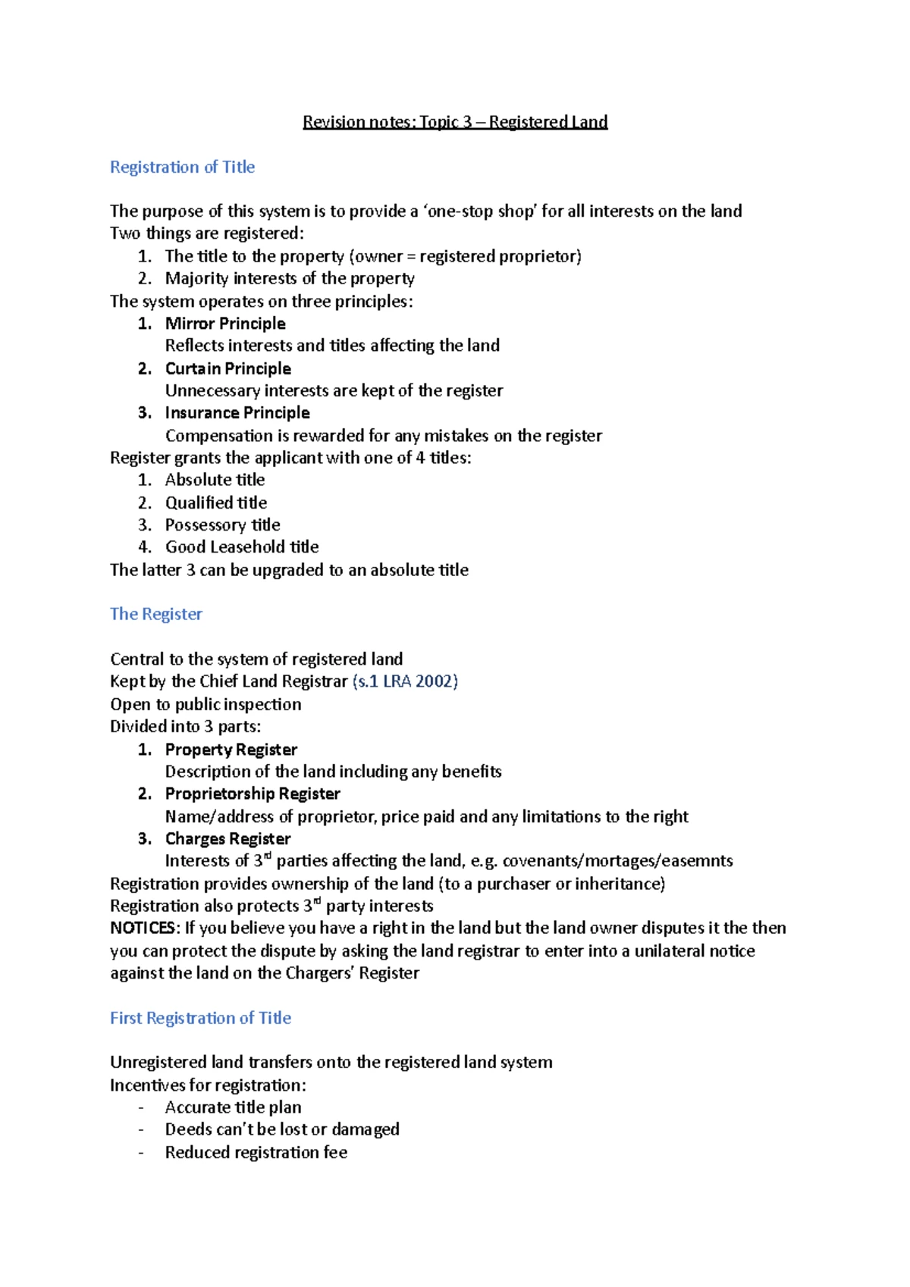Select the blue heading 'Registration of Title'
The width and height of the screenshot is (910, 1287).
(182, 167)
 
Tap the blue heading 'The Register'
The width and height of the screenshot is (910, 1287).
(156, 614)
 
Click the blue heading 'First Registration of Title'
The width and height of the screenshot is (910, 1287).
(200, 1018)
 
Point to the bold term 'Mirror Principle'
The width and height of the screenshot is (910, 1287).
(225, 324)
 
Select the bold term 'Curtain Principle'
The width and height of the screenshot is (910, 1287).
(228, 368)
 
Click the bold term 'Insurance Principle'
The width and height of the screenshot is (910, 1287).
(237, 413)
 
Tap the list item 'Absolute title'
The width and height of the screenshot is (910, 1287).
(215, 480)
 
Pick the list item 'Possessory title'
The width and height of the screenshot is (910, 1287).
(222, 525)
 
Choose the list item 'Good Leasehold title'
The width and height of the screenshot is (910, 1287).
(242, 547)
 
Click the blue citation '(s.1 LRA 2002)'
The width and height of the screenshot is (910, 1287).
(405, 681)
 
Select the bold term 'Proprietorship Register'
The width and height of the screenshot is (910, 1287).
(253, 794)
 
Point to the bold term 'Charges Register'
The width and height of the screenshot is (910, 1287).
(227, 839)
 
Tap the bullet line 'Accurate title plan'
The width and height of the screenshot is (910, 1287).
(233, 1107)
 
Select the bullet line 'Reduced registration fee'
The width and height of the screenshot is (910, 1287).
(256, 1153)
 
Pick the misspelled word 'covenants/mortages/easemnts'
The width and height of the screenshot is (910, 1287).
(617, 861)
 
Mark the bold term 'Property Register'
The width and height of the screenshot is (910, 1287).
(231, 750)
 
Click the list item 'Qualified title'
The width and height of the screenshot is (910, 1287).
(216, 503)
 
